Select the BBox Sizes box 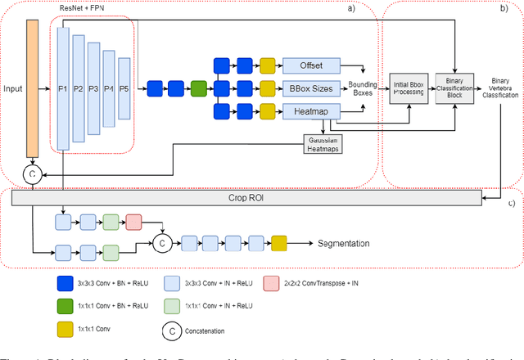coord(310,88)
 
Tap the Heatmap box coord(310,111)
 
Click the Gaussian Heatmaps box coord(322,143)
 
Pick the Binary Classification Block coord(454,91)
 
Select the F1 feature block coord(62,86)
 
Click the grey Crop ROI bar coord(254,199)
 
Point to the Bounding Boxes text coord(361,88)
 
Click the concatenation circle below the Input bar coord(33,173)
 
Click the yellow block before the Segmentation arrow coord(280,242)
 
